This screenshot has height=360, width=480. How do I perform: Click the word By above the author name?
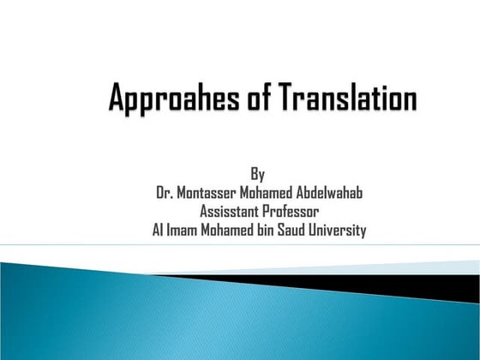click(258, 175)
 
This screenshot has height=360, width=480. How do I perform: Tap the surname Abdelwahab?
click(327, 193)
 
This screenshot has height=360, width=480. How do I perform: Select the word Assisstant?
click(230, 211)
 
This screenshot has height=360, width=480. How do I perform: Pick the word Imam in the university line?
click(184, 230)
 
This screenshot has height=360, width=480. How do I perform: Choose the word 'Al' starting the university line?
click(158, 230)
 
